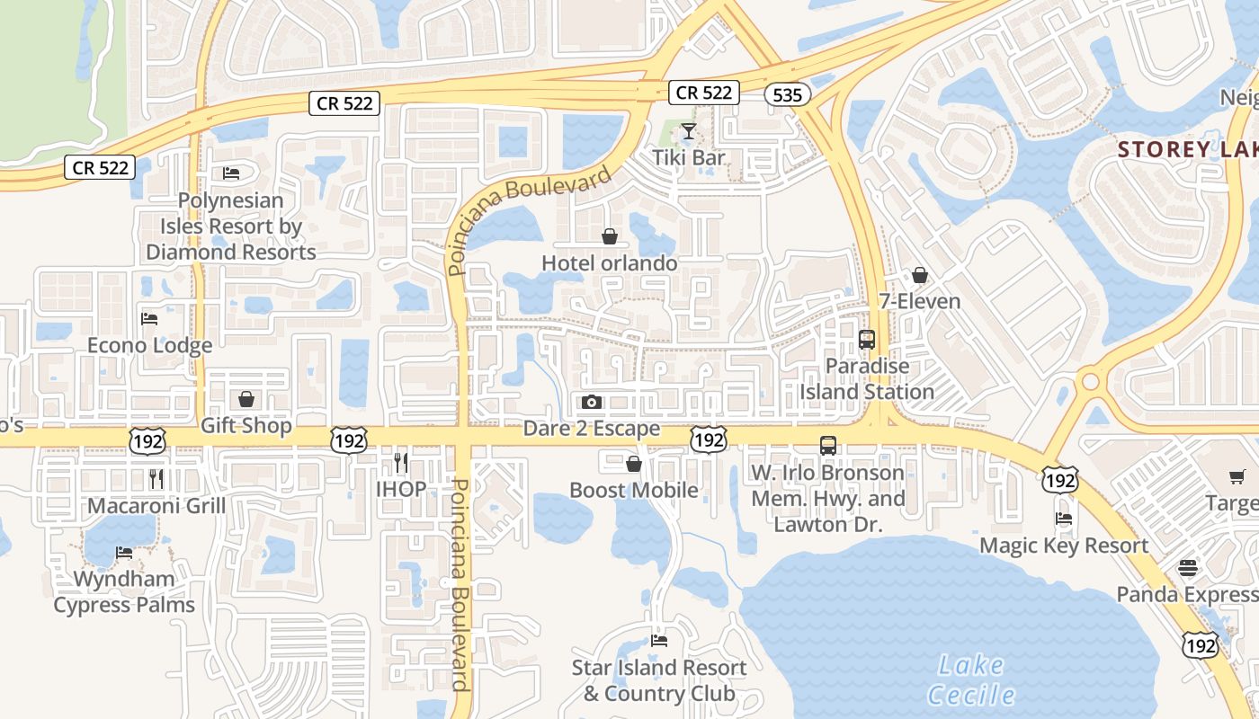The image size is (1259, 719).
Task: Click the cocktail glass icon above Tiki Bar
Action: coord(688,132)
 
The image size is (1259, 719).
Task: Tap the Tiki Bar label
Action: coord(688,158)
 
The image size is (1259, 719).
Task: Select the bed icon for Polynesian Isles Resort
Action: coord(231,173)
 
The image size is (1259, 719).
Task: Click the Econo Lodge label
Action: coord(149,345)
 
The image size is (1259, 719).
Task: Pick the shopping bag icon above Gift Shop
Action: coord(246,399)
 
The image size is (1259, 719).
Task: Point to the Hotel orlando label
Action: coord(609,263)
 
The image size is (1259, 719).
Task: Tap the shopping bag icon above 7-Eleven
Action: coord(919,275)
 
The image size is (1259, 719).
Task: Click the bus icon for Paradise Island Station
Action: coord(867,340)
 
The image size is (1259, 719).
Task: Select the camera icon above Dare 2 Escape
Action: coord(592,402)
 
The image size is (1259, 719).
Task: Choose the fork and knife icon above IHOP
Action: coord(401,463)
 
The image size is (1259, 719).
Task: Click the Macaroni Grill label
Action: coord(156,506)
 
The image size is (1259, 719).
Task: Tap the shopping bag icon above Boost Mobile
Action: coord(633,464)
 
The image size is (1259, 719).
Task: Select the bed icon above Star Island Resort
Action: coord(659,641)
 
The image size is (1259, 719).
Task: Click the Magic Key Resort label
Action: coord(1063,546)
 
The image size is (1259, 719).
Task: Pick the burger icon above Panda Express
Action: coord(1188,568)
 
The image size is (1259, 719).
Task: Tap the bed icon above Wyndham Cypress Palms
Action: coord(124,552)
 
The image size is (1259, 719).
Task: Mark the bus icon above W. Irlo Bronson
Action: coord(827,445)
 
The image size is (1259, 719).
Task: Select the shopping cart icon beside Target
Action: coord(1237,476)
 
